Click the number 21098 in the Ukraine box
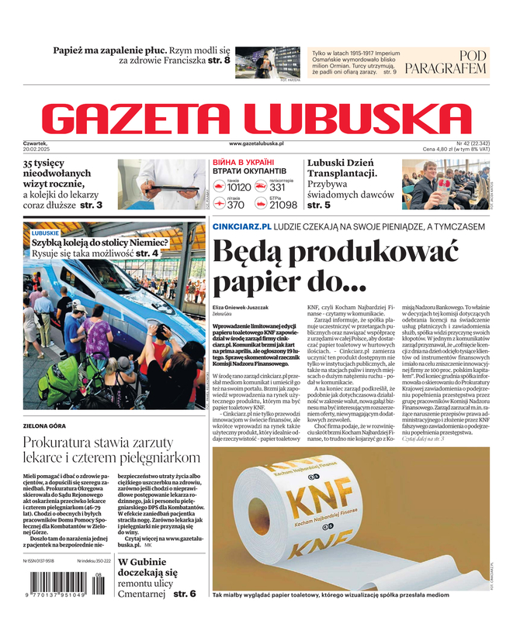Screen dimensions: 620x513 [282, 205]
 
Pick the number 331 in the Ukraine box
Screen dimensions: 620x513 [277, 188]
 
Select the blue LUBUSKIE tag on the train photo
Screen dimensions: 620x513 [45, 232]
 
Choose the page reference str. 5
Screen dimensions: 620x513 [319, 205]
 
